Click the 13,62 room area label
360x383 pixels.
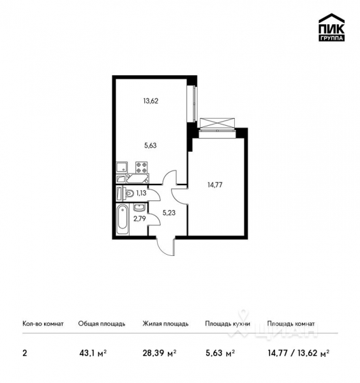click(x=151, y=100)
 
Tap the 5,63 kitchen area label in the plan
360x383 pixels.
click(x=151, y=145)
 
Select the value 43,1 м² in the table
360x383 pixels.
click(x=93, y=352)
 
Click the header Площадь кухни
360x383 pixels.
click(x=227, y=324)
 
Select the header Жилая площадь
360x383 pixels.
click(x=165, y=324)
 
